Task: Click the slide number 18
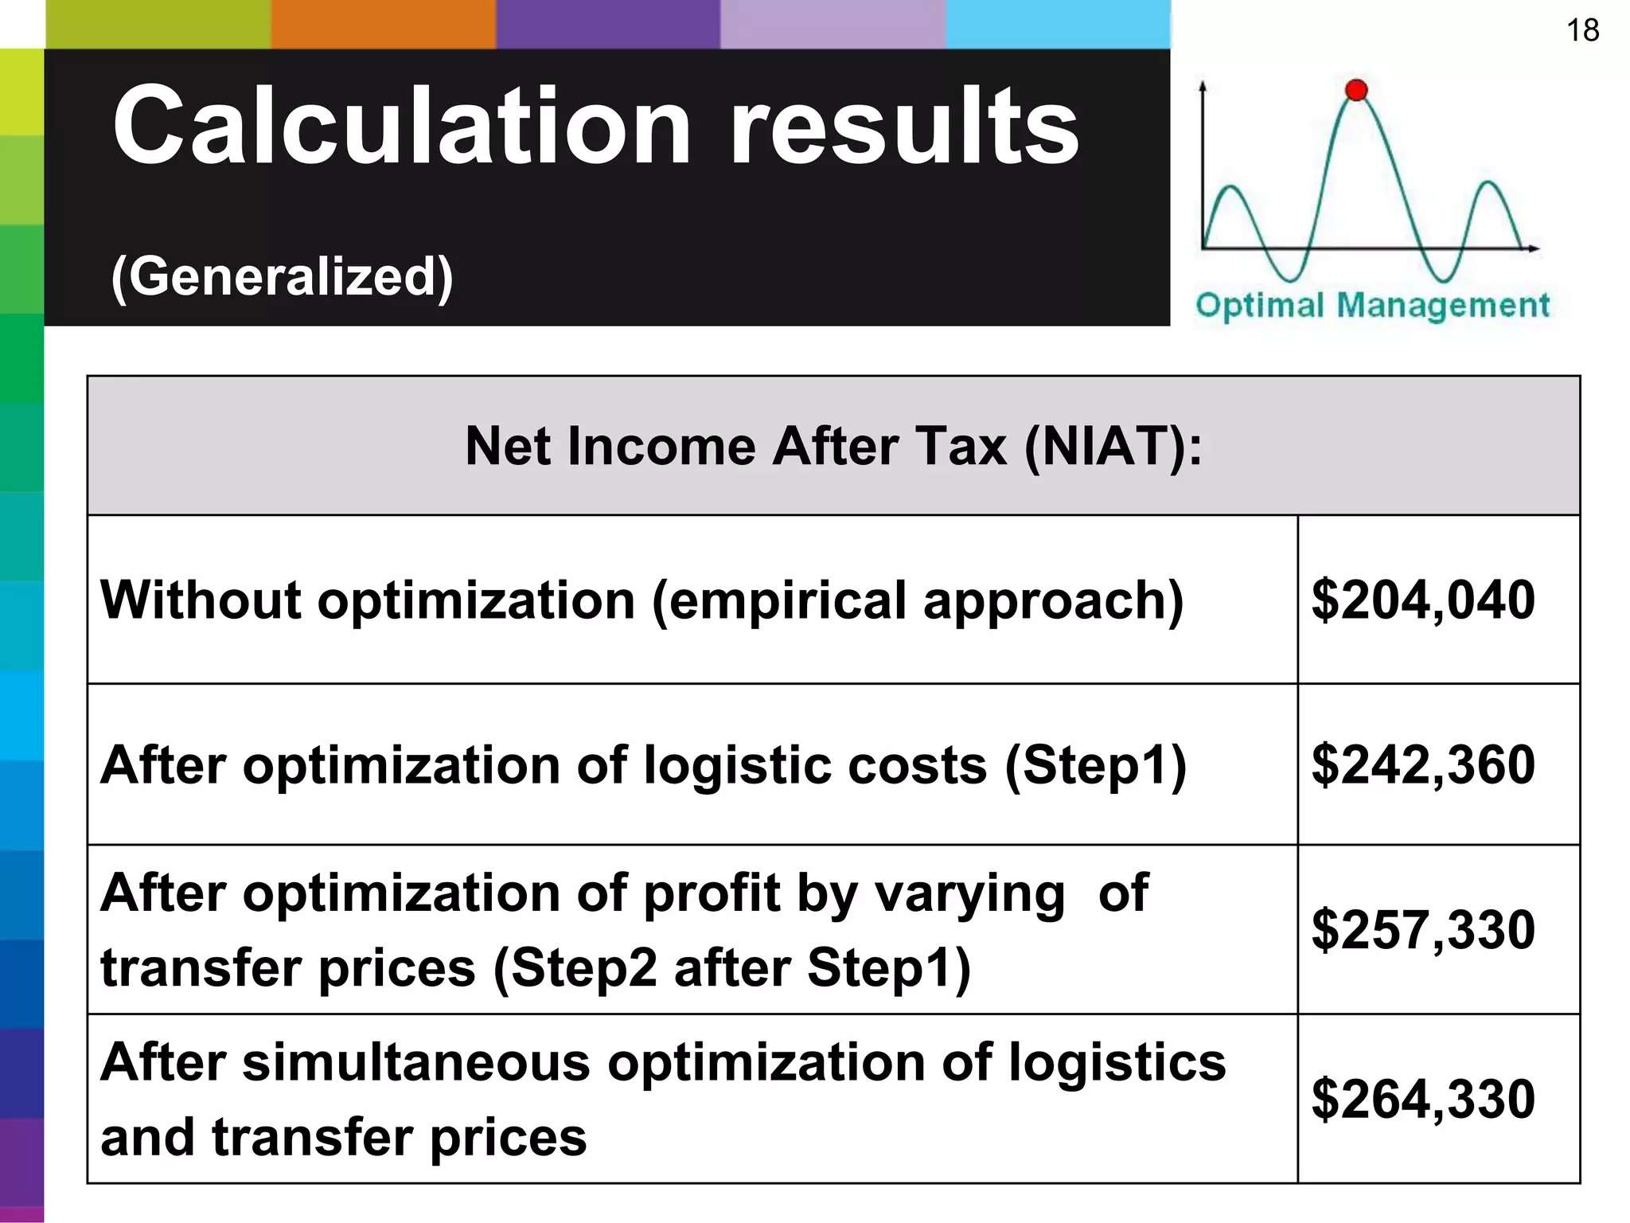(1582, 30)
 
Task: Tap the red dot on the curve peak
(1356, 90)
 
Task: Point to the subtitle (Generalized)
(282, 276)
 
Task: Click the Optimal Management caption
(1372, 305)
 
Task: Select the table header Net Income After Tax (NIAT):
(833, 446)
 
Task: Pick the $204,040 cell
(1423, 600)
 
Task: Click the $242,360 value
(1423, 764)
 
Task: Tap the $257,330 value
(1423, 929)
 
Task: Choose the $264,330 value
(1423, 1099)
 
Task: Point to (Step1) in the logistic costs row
(1095, 765)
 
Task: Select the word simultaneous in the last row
(416, 1062)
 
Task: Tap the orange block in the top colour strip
(383, 24)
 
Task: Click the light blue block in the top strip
(1058, 24)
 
